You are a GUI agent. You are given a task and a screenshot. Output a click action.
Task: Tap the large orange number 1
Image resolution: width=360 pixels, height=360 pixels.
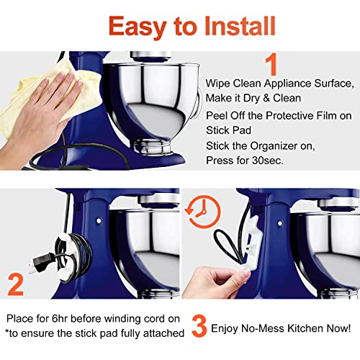tap(271, 64)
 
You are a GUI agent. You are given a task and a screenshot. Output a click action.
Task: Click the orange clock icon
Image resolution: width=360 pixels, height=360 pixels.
tap(199, 210)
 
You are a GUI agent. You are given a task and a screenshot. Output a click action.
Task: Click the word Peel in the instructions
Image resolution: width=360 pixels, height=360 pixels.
tap(218, 115)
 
